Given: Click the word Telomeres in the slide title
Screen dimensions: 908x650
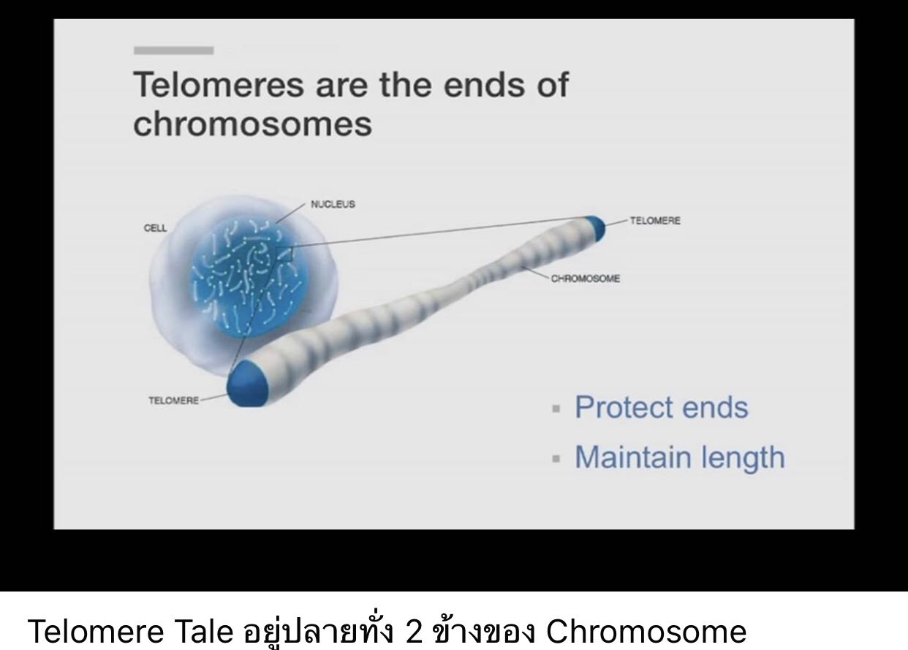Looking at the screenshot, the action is coord(219,85).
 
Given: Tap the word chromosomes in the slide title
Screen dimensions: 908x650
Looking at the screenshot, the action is coord(252,124).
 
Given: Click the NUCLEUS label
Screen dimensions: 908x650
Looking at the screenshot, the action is coord(333,204).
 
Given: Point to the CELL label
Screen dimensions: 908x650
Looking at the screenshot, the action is coord(155,228).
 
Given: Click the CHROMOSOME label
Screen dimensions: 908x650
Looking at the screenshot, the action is coord(586,279).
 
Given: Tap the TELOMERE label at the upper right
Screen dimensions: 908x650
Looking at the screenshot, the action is coord(655,221).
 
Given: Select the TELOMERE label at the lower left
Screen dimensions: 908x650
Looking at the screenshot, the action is coord(174,401).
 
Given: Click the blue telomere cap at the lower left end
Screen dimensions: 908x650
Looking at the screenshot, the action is coord(247,385).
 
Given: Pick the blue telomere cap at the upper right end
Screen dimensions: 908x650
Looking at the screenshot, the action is coord(595,228).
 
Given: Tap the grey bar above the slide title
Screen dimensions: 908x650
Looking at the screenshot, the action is coord(174,50).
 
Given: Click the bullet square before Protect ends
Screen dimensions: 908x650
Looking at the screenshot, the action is coord(556,408).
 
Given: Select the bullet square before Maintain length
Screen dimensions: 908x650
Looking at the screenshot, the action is coord(556,458).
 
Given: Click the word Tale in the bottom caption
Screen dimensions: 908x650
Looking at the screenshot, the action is coord(205,631).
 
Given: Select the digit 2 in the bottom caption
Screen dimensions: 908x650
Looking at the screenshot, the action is coord(414,631).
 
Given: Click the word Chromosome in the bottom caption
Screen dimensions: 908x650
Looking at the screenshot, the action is coord(646,631).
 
